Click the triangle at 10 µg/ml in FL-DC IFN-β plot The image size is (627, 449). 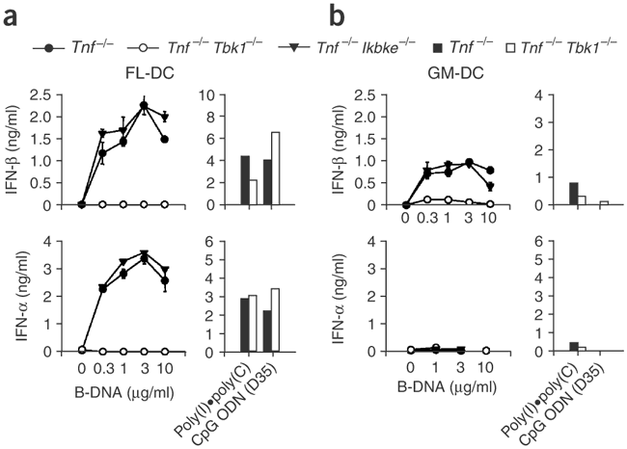(165, 117)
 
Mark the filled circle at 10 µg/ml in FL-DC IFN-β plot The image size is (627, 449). (165, 139)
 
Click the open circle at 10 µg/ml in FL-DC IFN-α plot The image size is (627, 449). (165, 351)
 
